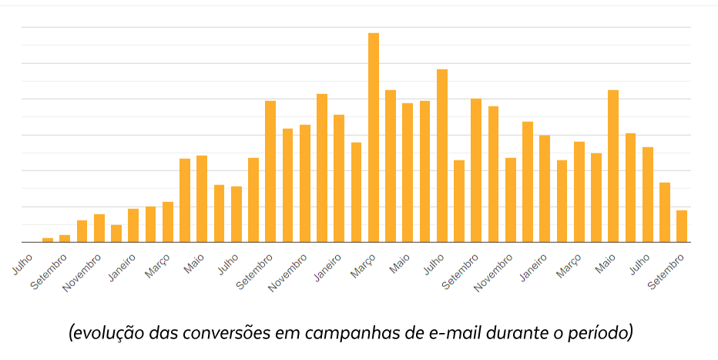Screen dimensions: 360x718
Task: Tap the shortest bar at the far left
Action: click(x=48, y=240)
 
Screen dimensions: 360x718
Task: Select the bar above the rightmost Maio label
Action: click(x=613, y=166)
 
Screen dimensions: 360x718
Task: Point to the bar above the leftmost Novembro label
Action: click(x=99, y=228)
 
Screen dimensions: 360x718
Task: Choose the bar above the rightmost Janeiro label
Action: click(x=545, y=188)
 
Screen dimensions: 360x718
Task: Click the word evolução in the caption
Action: click(x=104, y=334)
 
